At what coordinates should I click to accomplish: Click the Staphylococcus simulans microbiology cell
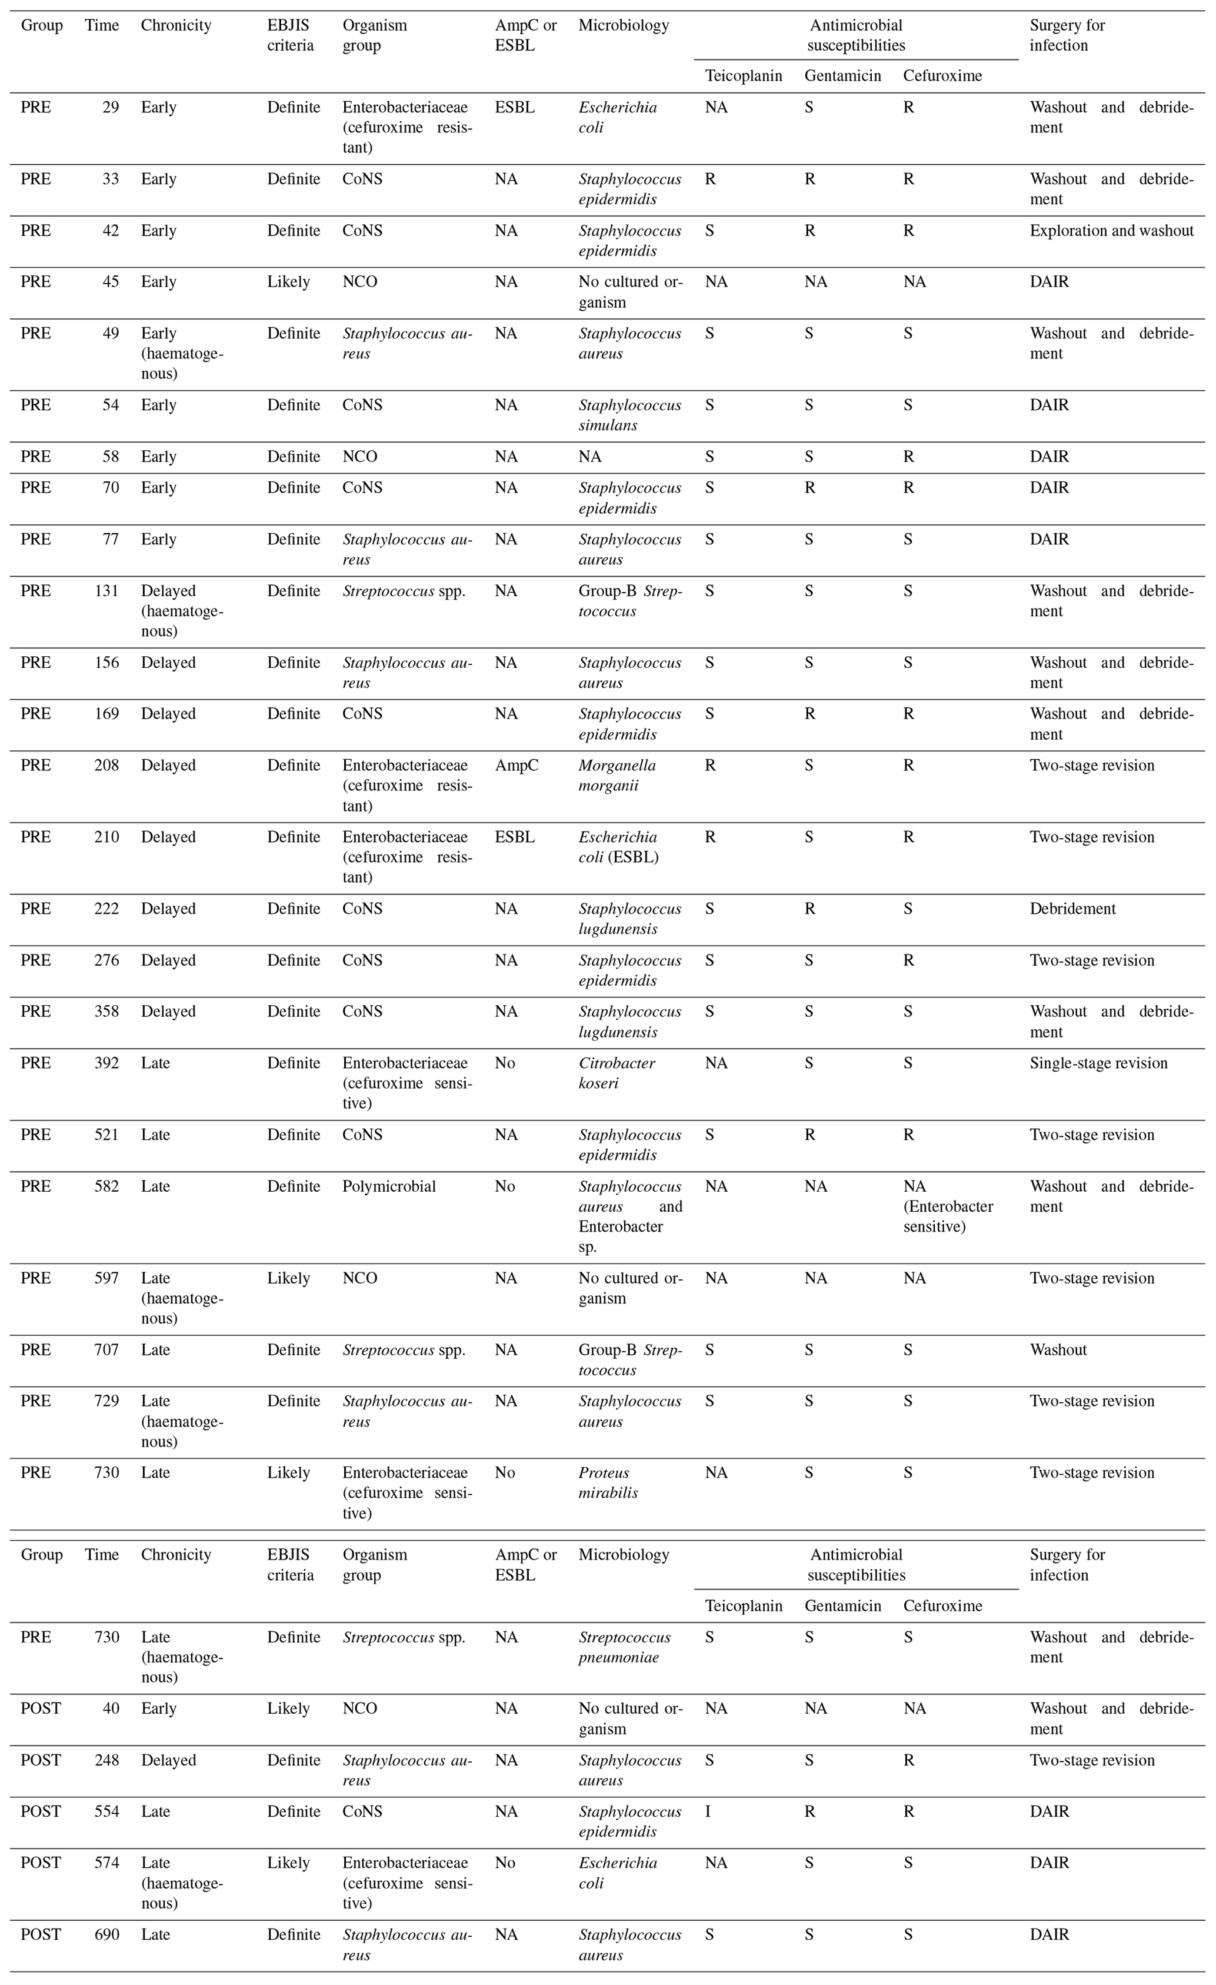click(629, 415)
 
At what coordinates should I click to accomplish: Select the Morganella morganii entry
click(617, 775)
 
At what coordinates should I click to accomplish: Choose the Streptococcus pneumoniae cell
click(624, 1647)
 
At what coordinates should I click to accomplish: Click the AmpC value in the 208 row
click(516, 765)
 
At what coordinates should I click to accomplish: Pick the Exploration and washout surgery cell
click(1111, 231)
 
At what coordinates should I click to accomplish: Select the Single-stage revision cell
click(1098, 1063)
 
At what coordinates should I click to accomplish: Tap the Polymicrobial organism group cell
click(389, 1186)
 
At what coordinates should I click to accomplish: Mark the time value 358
click(106, 1011)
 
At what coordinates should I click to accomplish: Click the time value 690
click(106, 1934)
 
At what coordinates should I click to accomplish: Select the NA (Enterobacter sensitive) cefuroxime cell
click(948, 1206)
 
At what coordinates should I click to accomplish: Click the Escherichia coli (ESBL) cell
click(618, 847)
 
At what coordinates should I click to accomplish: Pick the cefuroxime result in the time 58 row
click(908, 457)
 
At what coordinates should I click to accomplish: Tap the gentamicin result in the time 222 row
click(809, 909)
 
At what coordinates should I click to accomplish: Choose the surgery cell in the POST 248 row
click(1091, 1760)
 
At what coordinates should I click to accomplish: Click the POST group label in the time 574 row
click(40, 1863)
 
